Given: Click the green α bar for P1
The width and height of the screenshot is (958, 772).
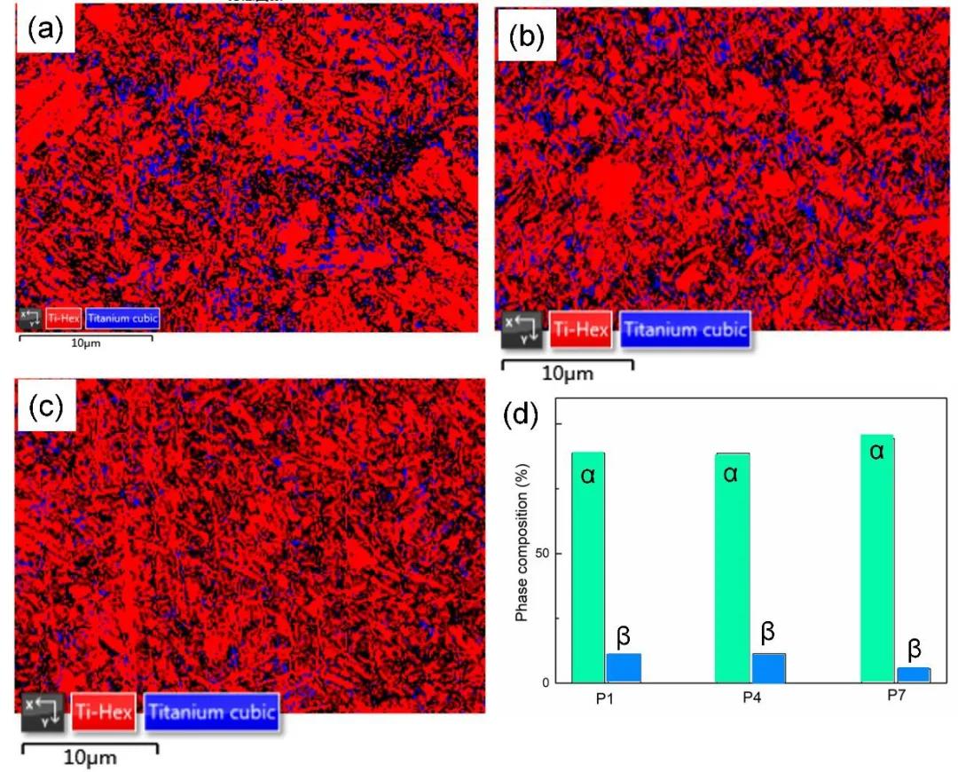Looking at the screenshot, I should (x=588, y=567).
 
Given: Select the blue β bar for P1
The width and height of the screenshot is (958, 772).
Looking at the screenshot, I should (x=624, y=667).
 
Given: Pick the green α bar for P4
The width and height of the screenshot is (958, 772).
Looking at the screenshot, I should (x=732, y=567).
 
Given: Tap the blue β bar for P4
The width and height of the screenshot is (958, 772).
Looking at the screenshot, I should (x=768, y=667).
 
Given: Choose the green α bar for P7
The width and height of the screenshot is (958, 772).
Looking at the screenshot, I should (x=876, y=558).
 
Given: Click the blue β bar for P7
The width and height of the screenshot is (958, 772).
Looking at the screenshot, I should (x=913, y=674).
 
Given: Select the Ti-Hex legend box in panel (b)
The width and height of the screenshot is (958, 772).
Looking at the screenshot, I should (x=581, y=330).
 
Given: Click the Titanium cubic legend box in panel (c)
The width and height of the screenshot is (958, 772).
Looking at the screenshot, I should (x=211, y=712).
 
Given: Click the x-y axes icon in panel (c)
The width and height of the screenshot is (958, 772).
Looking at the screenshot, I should (x=43, y=712).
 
